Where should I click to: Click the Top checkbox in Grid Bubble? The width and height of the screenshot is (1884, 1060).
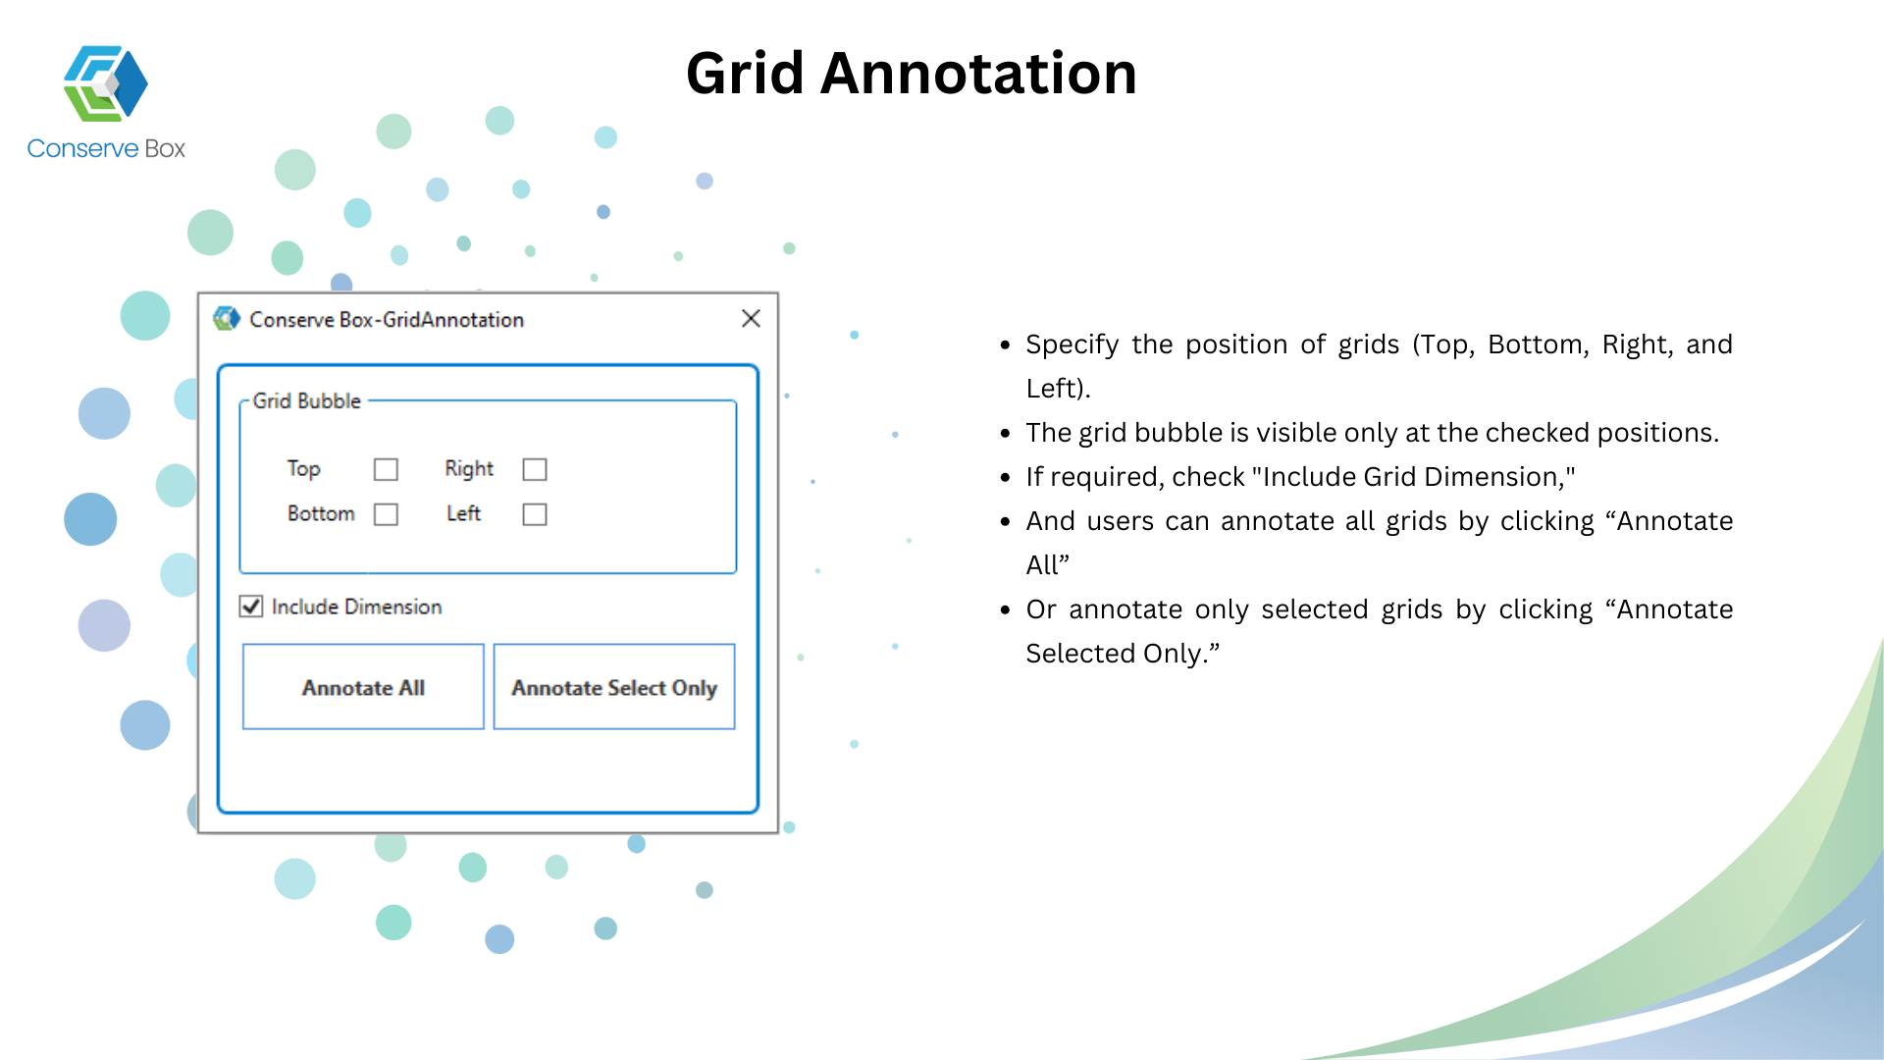pos(386,469)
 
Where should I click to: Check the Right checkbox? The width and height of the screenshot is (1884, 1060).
pos(535,469)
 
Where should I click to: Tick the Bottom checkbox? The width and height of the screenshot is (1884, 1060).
pos(386,514)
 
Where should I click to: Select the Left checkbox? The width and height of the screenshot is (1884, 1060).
pos(535,514)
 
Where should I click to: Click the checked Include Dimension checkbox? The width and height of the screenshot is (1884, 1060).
pos(251,607)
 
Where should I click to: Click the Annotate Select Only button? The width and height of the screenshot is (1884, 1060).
pos(614,687)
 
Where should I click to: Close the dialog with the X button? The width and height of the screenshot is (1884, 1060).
pos(751,319)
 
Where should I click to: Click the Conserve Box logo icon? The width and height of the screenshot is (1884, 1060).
pos(106,83)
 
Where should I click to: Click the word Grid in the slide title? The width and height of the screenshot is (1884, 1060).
pos(746,74)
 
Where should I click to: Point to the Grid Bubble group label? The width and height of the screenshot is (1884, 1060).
pos(307,400)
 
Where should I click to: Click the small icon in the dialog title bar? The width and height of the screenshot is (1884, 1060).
pos(227,319)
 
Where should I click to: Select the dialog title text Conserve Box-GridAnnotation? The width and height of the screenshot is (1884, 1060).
pos(387,320)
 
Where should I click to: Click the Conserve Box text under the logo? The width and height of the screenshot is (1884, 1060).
pos(106,148)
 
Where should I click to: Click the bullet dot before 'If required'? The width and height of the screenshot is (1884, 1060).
pos(1005,478)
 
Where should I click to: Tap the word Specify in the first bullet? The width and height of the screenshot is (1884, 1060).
pos(1073,345)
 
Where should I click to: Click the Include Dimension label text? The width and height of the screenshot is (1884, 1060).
pos(356,607)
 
